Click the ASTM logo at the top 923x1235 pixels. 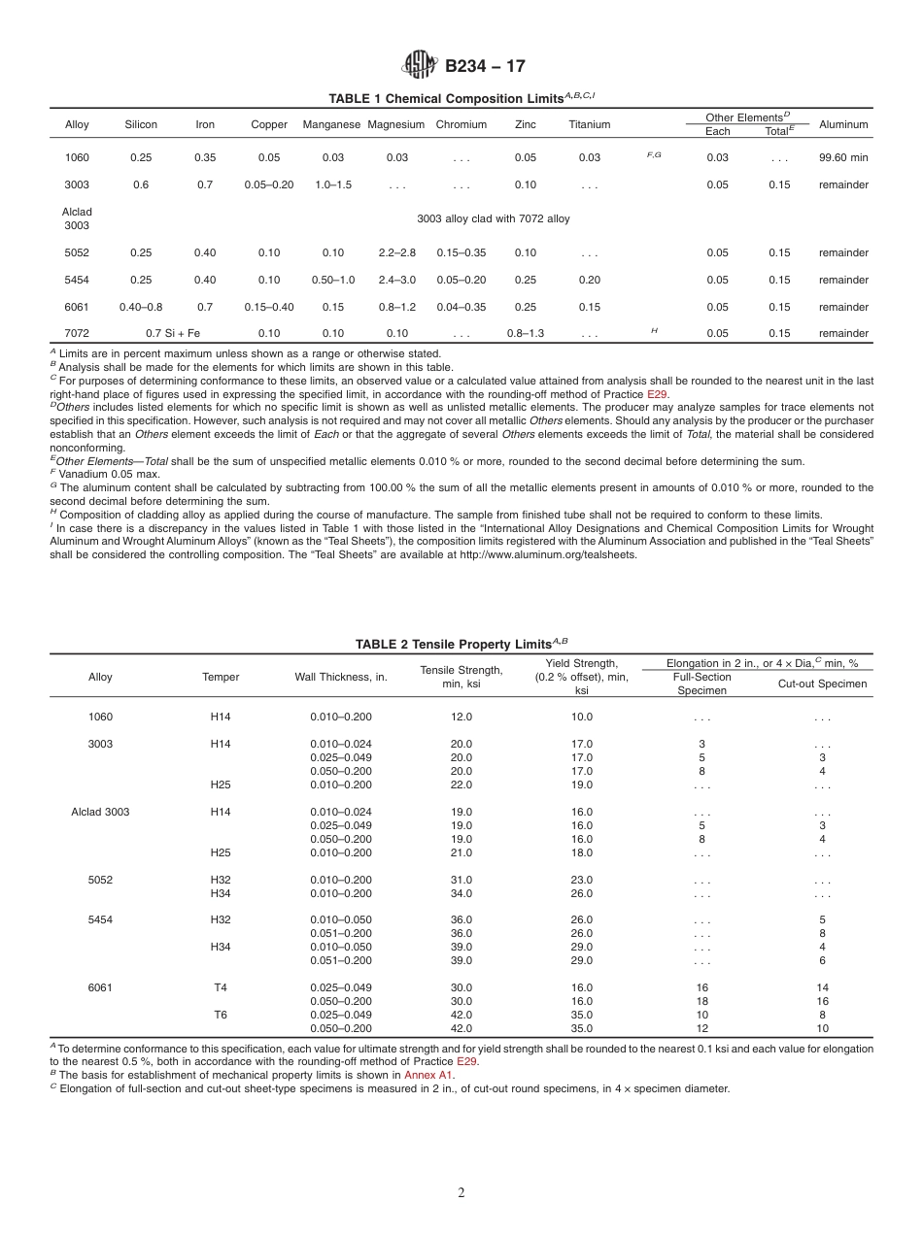pos(420,65)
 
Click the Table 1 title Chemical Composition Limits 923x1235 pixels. pos(461,98)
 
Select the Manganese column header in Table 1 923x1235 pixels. pos(331,124)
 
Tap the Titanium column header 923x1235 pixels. pos(590,124)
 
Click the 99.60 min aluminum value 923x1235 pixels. pos(843,157)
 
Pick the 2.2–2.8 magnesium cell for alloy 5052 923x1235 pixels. pos(396,252)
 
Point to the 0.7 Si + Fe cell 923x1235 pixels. pos(173,333)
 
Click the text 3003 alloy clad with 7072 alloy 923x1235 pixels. pos(494,218)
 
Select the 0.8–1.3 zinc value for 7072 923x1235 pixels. pos(525,333)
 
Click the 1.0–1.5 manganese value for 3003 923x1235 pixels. pos(333,184)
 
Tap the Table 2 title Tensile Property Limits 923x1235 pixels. pos(461,644)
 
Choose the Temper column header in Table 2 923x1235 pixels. pos(221,677)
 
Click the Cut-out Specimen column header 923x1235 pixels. pos(822,684)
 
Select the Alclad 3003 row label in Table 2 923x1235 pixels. pos(100,812)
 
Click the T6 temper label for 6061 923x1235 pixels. pos(221,1015)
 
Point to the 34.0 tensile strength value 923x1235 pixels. pos(461,893)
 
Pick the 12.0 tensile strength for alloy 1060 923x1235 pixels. pos(461,717)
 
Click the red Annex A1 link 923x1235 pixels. pos(428,1075)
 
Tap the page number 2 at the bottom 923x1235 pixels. pos(461,1193)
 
